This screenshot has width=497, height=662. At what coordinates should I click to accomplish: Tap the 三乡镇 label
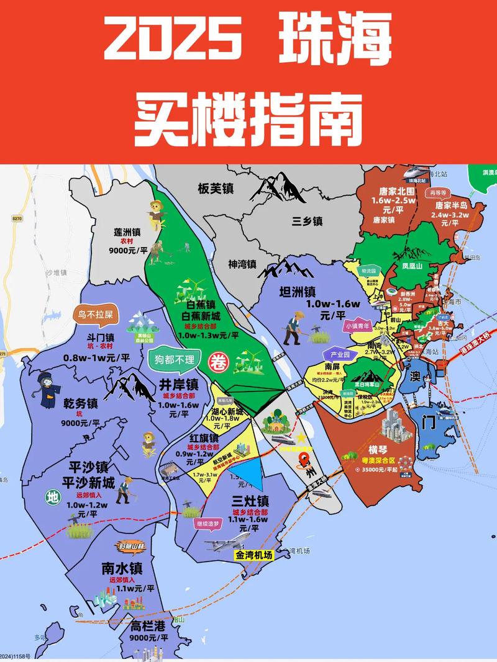308,221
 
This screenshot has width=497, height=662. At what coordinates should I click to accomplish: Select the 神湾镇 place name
242,264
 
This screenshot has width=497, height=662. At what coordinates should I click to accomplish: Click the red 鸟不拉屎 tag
96,314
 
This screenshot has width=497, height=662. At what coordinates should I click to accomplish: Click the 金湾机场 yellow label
253,555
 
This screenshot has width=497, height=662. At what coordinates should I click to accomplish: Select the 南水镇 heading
122,568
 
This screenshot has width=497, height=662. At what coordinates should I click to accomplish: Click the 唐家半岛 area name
451,205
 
